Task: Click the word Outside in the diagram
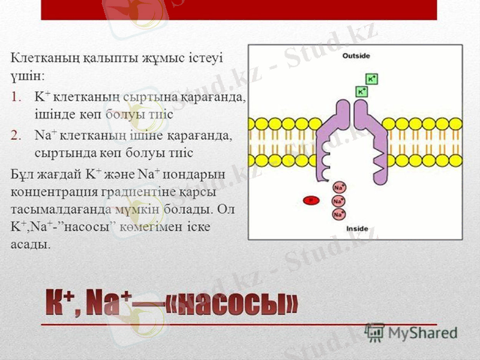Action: click(356, 56)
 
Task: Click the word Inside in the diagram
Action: click(358, 229)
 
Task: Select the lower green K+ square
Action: click(362, 91)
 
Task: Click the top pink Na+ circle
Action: click(338, 188)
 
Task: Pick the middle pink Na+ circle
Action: click(338, 201)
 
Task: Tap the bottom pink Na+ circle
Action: click(338, 214)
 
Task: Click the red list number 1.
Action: click(16, 95)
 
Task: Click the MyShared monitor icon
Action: click(375, 332)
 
